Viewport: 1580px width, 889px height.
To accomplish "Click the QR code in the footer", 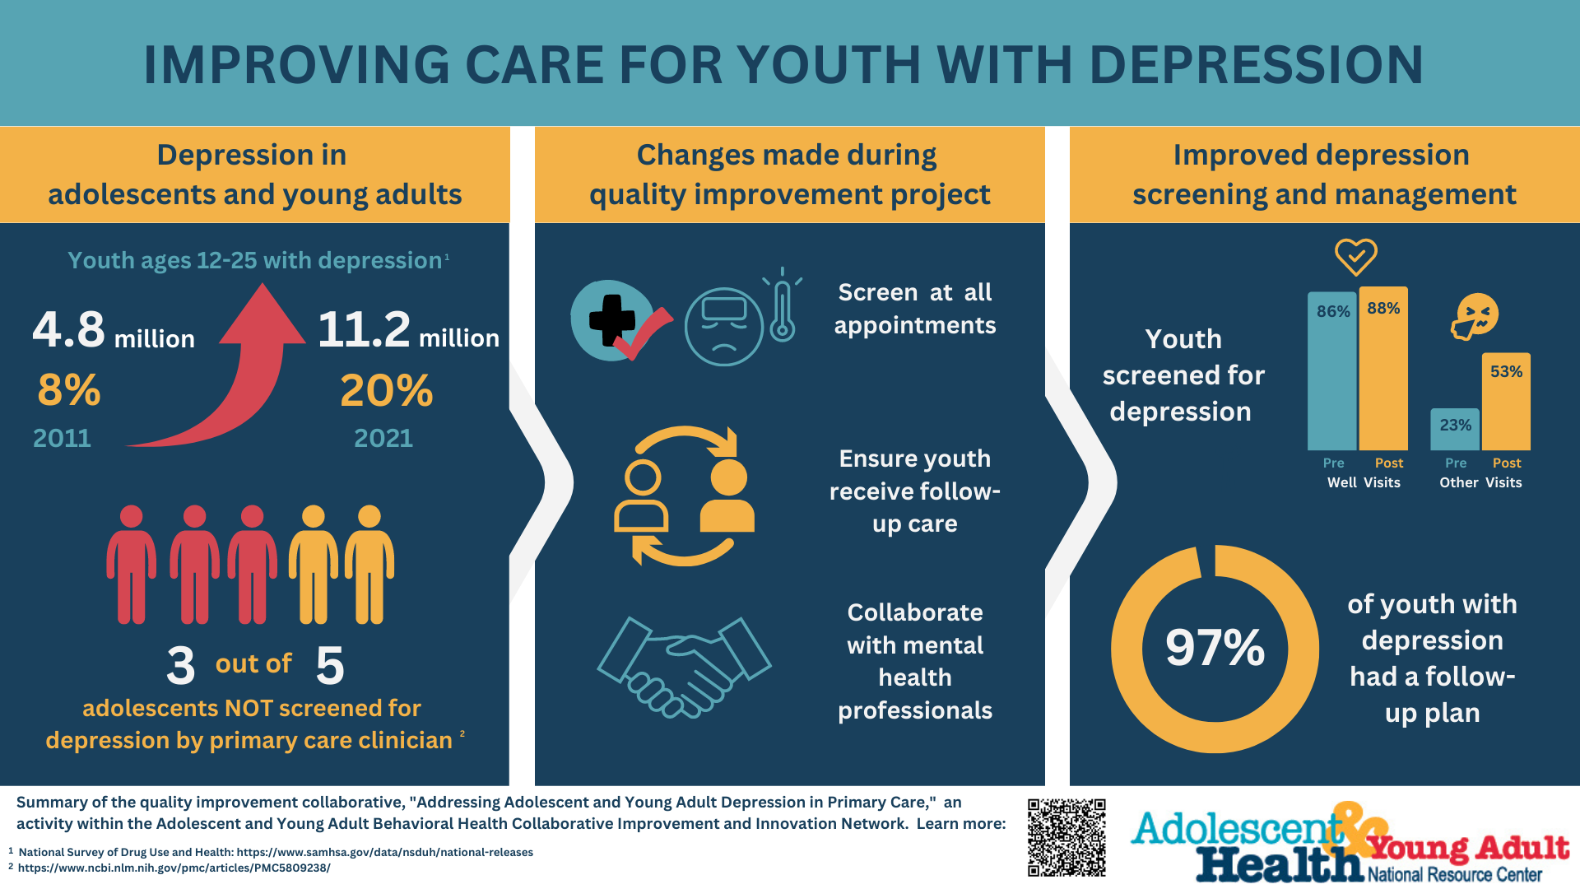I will pos(1066,836).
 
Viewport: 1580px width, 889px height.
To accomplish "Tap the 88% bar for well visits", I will pos(1383,370).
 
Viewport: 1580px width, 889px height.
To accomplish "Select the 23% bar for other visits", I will pos(1455,430).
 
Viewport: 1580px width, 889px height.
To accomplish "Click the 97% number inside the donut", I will pos(1215,648).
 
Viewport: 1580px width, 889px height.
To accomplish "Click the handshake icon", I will pos(684,667).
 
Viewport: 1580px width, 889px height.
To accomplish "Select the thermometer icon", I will pos(783,309).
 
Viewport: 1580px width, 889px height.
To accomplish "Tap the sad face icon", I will pos(723,327).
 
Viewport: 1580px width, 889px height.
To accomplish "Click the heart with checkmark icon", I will pos(1355,256).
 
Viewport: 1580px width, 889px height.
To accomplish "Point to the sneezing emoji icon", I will pos(1475,317).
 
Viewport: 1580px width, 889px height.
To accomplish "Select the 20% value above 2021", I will pos(386,390).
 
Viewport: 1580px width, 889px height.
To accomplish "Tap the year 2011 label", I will pos(62,438).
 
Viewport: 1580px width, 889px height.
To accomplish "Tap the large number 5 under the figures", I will pos(329,665).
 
